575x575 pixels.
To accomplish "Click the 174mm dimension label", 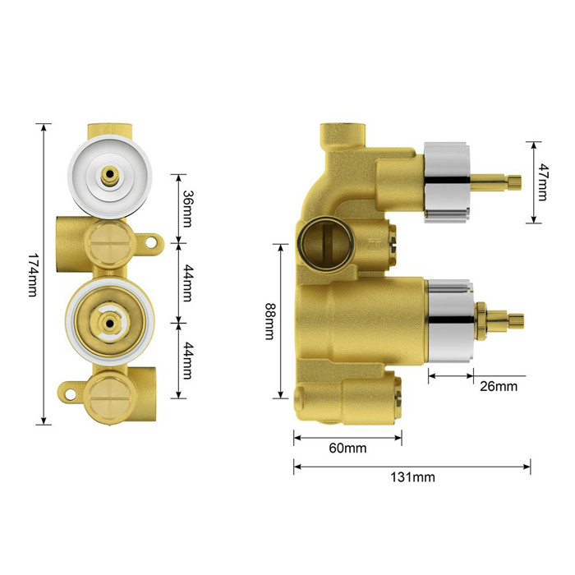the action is coord(33,274).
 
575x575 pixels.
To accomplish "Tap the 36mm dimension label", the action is coord(188,209).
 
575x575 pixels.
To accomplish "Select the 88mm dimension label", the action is coord(270,321).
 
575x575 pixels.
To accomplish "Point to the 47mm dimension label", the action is coord(543,182).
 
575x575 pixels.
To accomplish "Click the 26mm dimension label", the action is coord(499,386).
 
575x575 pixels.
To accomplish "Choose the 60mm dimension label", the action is coord(347,448).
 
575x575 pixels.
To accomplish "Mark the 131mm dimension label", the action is coord(412,477).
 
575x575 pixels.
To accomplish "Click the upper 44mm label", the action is coord(188,283).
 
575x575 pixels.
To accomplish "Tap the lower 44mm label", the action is coord(188,361).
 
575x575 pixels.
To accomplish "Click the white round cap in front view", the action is coord(109,177).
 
